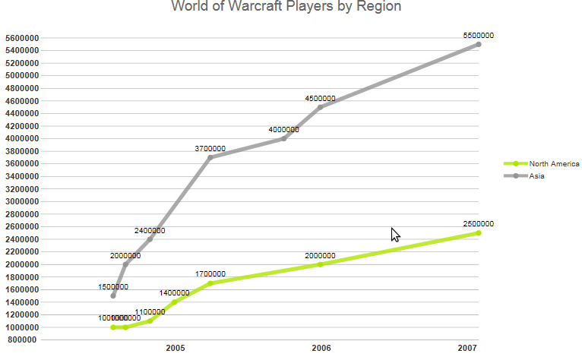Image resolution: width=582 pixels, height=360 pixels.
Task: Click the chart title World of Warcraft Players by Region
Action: pyautogui.click(x=286, y=7)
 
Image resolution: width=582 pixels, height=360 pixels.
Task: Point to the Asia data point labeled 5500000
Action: pyautogui.click(x=479, y=45)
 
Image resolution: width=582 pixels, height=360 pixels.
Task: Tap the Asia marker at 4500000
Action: pyautogui.click(x=320, y=107)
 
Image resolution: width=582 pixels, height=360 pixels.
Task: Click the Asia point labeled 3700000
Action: pyautogui.click(x=210, y=157)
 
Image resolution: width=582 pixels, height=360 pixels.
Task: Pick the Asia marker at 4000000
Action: pyautogui.click(x=283, y=138)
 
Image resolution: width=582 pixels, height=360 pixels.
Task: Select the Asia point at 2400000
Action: pyautogui.click(x=150, y=239)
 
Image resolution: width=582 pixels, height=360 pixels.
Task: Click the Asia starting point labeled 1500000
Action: pyautogui.click(x=113, y=295)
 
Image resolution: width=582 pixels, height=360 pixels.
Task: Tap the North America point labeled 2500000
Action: pyautogui.click(x=479, y=233)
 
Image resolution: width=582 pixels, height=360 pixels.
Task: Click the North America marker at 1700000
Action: pyautogui.click(x=210, y=283)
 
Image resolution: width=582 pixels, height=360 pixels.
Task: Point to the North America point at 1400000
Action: pyautogui.click(x=174, y=302)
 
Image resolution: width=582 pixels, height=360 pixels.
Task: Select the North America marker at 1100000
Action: pyautogui.click(x=150, y=321)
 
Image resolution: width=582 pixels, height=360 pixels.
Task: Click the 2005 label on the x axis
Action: pyautogui.click(x=176, y=348)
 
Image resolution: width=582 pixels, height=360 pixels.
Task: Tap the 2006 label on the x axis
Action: pyautogui.click(x=321, y=348)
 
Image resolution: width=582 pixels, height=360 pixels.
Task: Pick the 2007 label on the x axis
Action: pyautogui.click(x=468, y=348)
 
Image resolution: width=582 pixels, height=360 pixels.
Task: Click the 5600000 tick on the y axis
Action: pyautogui.click(x=21, y=38)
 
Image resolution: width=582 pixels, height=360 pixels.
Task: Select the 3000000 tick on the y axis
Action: pyautogui.click(x=21, y=201)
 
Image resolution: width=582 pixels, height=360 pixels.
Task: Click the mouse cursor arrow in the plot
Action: pyautogui.click(x=395, y=234)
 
